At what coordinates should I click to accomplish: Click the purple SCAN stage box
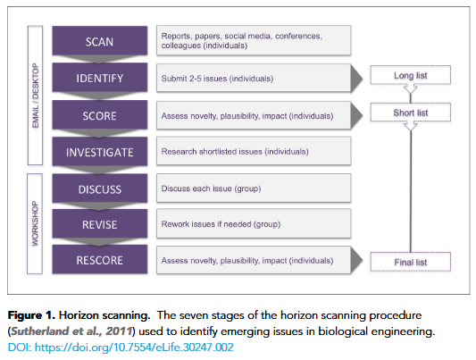pyautogui.click(x=99, y=41)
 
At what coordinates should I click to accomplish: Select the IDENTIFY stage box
pyautogui.click(x=99, y=78)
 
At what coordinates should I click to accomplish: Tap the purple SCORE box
pyautogui.click(x=99, y=115)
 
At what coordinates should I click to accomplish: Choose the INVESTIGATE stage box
pyautogui.click(x=99, y=152)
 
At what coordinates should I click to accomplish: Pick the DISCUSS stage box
pyautogui.click(x=99, y=188)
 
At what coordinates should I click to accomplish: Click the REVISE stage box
pyautogui.click(x=99, y=223)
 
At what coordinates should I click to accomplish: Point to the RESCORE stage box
pyautogui.click(x=99, y=260)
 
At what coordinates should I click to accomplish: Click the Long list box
pyautogui.click(x=411, y=75)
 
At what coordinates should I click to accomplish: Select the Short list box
pyautogui.click(x=411, y=113)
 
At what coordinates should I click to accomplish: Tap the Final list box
pyautogui.click(x=411, y=262)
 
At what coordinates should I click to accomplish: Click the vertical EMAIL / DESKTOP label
pyautogui.click(x=36, y=96)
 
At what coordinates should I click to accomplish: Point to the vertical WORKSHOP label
pyautogui.click(x=35, y=223)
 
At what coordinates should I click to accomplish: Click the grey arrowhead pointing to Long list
pyautogui.click(x=356, y=78)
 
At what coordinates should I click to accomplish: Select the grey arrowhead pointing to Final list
pyautogui.click(x=356, y=260)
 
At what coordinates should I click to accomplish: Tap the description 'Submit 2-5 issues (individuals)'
pyautogui.click(x=217, y=79)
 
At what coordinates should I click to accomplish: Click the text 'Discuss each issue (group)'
pyautogui.click(x=211, y=188)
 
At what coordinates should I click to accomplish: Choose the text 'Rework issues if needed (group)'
pyautogui.click(x=221, y=224)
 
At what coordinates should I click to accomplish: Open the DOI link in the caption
pyautogui.click(x=121, y=347)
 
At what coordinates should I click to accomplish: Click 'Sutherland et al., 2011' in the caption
pyautogui.click(x=71, y=331)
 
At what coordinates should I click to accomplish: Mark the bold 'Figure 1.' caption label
pyautogui.click(x=31, y=315)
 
